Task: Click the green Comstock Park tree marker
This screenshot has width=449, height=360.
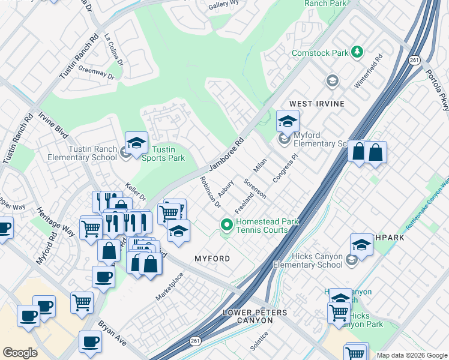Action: (x=358, y=53)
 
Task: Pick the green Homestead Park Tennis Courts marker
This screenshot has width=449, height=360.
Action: (x=226, y=225)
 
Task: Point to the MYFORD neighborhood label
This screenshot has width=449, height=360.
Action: (x=212, y=258)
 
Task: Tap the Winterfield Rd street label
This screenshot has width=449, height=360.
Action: (x=368, y=73)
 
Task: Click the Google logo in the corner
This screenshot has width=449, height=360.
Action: (x=19, y=353)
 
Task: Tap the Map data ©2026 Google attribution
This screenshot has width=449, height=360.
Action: (x=412, y=355)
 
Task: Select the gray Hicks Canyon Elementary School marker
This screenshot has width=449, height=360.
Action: (x=352, y=259)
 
